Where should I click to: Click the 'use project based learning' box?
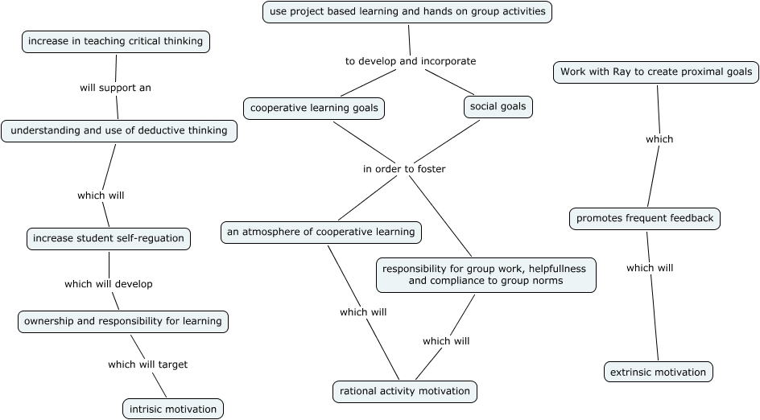(x=407, y=11)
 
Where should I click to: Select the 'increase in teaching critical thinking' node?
(x=116, y=41)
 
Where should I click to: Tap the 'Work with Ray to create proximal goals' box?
(x=656, y=72)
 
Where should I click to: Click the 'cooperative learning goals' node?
(x=314, y=108)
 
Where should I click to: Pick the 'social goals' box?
(x=498, y=106)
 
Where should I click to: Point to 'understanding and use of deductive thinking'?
(x=119, y=130)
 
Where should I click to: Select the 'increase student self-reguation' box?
(x=109, y=238)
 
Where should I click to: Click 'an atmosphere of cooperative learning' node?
(x=320, y=233)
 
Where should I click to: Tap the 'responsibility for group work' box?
(x=486, y=274)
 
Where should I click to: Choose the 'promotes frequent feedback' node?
(x=645, y=218)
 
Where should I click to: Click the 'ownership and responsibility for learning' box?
(x=122, y=321)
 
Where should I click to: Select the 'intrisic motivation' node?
(x=173, y=409)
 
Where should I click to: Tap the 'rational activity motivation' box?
(x=405, y=392)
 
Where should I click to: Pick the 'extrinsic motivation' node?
(x=658, y=372)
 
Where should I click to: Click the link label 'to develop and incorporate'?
(x=411, y=61)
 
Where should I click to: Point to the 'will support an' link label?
(x=115, y=88)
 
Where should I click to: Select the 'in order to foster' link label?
(x=404, y=169)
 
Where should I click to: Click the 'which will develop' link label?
(x=109, y=284)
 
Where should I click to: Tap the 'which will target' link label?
(x=147, y=364)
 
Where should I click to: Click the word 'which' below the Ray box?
(x=659, y=139)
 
